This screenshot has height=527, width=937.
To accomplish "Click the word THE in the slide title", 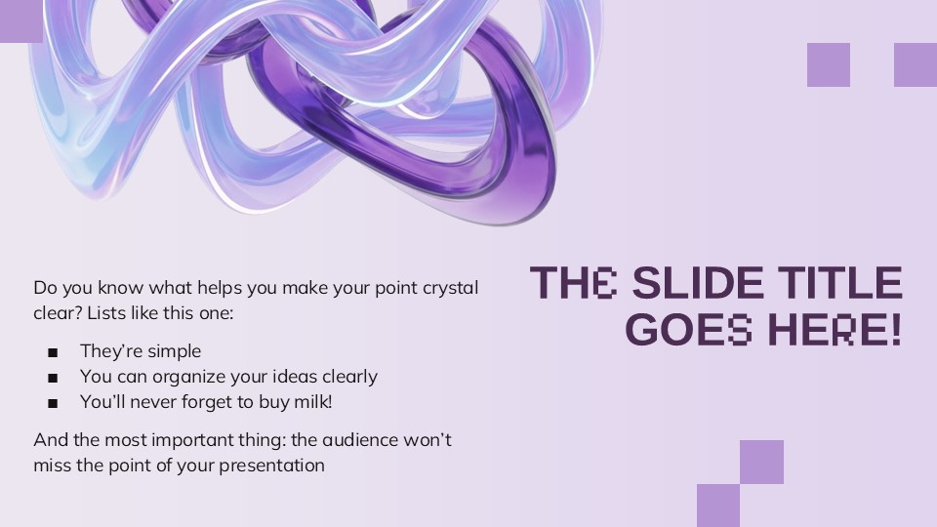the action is click(x=574, y=283).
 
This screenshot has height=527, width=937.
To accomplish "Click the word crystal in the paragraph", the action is click(x=451, y=288).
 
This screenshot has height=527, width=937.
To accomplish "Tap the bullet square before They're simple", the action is click(x=53, y=352).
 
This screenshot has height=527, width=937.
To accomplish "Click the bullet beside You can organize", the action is click(x=53, y=379).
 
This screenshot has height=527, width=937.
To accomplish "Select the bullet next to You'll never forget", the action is click(x=53, y=403).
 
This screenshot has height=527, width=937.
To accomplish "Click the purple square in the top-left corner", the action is click(x=21, y=20).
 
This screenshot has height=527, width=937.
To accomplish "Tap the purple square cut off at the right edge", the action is click(x=916, y=64).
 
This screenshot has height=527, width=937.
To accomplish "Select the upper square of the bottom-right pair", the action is click(x=761, y=462).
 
